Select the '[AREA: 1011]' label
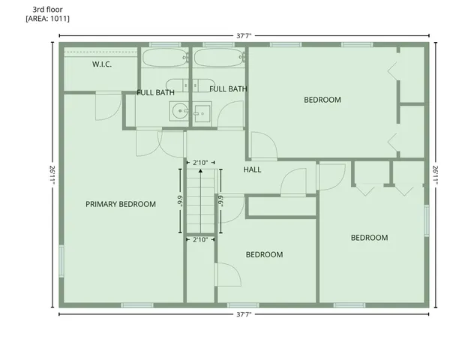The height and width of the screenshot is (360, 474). [x=47, y=18]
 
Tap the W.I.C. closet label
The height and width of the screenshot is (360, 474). [x=102, y=64]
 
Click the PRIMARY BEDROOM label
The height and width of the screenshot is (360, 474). [x=121, y=204]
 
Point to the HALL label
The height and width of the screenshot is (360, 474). [x=253, y=169]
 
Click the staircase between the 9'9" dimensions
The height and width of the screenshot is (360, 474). [x=200, y=201]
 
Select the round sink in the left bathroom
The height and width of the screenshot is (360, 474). [x=179, y=112]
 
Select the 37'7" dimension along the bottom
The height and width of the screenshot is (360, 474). [x=243, y=315]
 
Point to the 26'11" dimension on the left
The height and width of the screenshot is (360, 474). [x=52, y=175]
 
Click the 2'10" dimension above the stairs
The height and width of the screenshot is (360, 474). [x=200, y=163]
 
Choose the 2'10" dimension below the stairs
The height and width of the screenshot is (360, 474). [x=200, y=240]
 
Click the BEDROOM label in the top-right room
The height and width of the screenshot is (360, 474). [x=322, y=100]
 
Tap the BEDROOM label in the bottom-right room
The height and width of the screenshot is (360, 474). [x=370, y=238]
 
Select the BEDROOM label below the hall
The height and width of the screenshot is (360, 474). [x=265, y=255]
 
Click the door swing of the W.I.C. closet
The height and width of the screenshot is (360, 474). [x=107, y=106]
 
